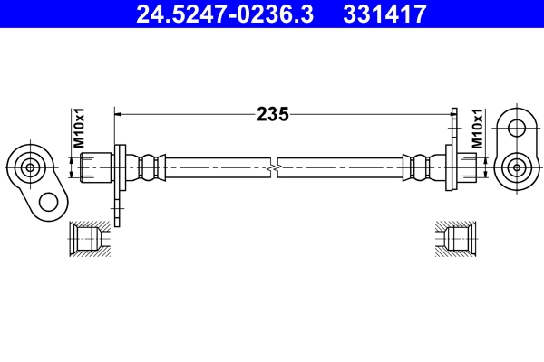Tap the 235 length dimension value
tap(272, 114)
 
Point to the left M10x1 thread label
tap(79, 128)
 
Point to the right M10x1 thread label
tap(477, 128)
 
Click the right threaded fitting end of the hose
tap(466, 167)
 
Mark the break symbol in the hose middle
tap(272, 167)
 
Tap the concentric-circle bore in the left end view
tap(31, 167)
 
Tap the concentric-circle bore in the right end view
tap(516, 167)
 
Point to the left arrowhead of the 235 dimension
tap(118, 114)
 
